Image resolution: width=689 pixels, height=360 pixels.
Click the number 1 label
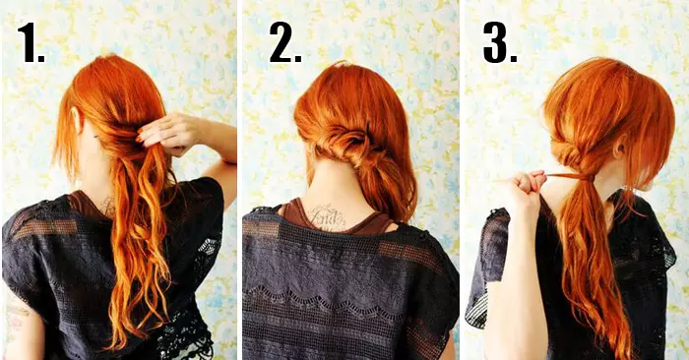pos(31,42)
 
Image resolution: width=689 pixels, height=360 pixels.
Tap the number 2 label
pos(285,42)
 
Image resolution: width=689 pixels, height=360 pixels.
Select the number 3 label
pos(500,42)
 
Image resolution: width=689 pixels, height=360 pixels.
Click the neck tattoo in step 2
pos(328,217)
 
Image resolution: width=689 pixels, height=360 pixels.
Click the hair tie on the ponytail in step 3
pos(584,177)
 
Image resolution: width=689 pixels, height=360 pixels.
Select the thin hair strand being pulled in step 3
pos(562,176)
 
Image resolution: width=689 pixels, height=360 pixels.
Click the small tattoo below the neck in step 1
pos(106,206)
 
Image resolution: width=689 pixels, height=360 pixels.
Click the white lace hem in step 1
pos(185,342)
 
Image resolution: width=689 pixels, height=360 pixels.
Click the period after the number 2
pos(297,58)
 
